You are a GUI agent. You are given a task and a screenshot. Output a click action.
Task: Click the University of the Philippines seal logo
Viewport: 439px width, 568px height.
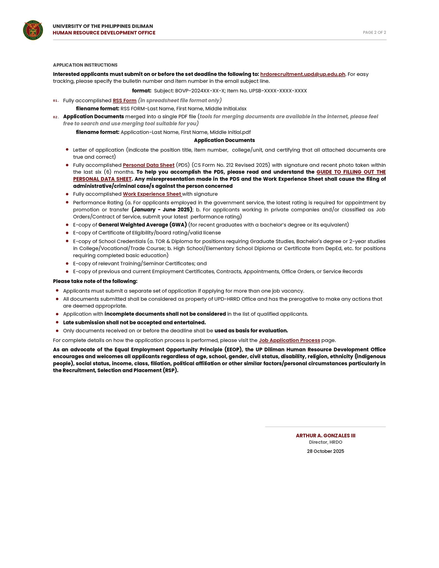point(33,30)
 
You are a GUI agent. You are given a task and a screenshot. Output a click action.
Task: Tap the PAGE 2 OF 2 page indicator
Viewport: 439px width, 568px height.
point(374,32)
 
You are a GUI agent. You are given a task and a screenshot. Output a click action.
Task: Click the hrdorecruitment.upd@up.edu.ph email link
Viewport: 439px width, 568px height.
point(303,74)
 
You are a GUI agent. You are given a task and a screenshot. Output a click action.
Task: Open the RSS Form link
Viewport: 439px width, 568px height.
point(125,101)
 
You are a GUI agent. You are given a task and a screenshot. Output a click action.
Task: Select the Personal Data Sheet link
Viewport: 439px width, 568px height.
point(148,165)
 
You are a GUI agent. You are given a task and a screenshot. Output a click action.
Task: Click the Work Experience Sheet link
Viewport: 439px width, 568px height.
point(152,194)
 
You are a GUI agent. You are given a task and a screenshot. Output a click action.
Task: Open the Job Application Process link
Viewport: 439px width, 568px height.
point(289,340)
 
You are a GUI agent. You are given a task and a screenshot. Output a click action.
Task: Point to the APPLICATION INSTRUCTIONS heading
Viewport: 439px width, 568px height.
point(85,65)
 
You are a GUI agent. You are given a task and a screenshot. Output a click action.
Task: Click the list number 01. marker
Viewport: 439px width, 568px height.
point(56,101)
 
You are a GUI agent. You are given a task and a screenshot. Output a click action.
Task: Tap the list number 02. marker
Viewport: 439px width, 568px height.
point(56,117)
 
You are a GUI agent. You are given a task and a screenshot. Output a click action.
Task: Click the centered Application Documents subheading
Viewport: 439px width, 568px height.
point(224,140)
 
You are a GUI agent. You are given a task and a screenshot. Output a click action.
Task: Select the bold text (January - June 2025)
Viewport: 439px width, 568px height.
point(162,210)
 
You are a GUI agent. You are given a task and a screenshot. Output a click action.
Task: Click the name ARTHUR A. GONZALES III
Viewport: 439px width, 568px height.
point(325,436)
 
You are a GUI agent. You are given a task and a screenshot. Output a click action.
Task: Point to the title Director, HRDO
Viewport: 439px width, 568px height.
point(325,442)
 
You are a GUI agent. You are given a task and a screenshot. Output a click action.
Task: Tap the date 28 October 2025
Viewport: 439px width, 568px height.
point(325,451)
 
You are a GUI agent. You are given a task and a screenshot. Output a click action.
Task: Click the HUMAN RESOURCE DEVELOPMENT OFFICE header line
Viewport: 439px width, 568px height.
point(104,33)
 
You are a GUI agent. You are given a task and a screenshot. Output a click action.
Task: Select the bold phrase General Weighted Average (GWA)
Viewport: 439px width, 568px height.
point(143,225)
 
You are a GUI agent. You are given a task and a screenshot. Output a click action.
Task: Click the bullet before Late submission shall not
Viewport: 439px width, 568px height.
point(57,322)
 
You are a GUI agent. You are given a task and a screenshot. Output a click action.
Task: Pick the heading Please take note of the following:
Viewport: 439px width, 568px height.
point(95,281)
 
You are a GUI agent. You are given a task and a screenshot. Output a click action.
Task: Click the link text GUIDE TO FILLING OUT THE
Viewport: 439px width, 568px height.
point(351,172)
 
